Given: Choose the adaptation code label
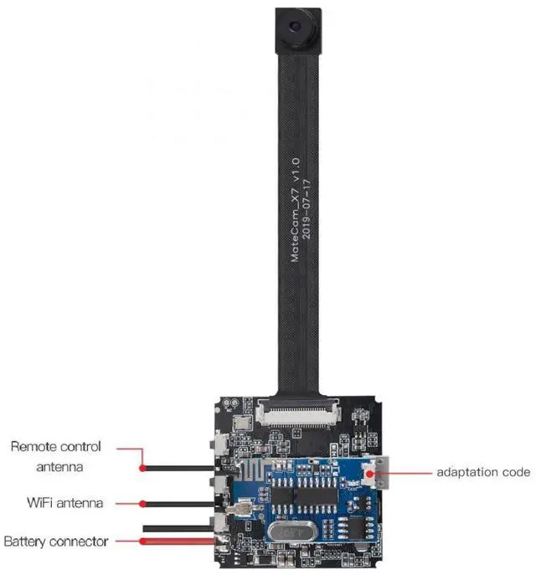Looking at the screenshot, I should [483, 473].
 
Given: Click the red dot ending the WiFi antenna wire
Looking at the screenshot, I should [143, 503].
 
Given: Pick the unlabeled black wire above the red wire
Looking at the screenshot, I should [176, 528].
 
